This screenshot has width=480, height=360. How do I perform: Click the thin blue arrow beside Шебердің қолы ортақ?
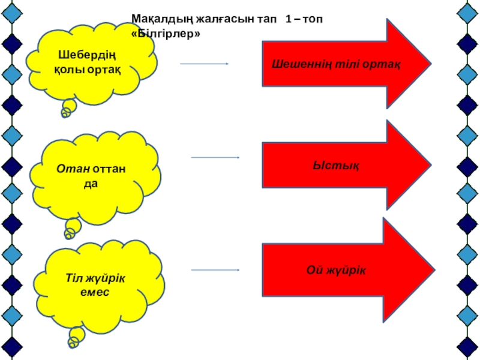(204, 64)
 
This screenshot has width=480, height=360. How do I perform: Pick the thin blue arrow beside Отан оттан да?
(215, 157)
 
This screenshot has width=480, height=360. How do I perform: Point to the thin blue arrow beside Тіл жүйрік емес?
(215, 270)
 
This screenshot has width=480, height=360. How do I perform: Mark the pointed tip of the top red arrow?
(430, 62)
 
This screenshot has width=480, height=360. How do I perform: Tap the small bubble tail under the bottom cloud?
(76, 338)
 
